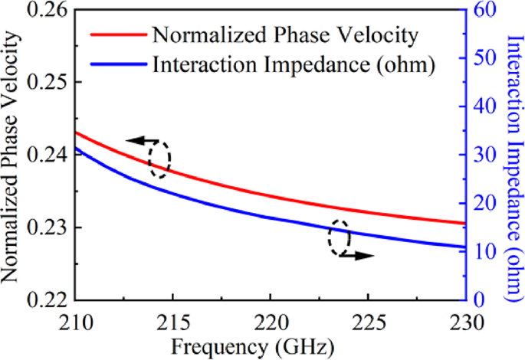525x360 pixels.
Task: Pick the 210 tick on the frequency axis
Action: click(77, 319)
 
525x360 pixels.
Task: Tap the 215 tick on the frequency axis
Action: click(173, 319)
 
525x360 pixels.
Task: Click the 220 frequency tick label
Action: click(270, 319)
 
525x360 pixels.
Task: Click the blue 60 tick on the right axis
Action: click(483, 11)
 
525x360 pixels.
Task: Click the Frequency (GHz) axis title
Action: click(269, 345)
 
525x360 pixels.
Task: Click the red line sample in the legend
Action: click(117, 35)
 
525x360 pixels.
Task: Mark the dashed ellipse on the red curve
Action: click(159, 159)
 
